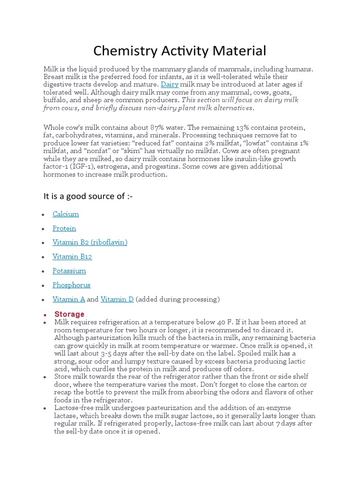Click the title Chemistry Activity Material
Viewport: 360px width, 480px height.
pyautogui.click(x=180, y=50)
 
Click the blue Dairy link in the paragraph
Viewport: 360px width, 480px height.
pyautogui.click(x=170, y=84)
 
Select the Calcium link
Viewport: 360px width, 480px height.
pyautogui.click(x=66, y=214)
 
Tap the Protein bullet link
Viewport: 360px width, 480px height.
pyautogui.click(x=64, y=228)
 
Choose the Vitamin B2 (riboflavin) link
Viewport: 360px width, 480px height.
pyautogui.click(x=90, y=242)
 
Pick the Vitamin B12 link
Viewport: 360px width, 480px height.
pyautogui.click(x=72, y=256)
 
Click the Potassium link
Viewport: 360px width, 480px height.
pyautogui.click(x=69, y=270)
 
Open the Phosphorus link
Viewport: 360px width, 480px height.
pyautogui.click(x=71, y=285)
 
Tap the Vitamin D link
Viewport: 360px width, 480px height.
pyautogui.click(x=117, y=299)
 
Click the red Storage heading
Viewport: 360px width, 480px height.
pyautogui.click(x=69, y=314)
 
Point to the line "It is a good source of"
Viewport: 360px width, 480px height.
pyautogui.click(x=88, y=196)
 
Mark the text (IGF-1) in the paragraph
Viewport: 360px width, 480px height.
pyautogui.click(x=82, y=166)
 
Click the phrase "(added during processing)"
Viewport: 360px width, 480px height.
pyautogui.click(x=178, y=299)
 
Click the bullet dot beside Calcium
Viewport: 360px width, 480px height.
pyautogui.click(x=43, y=214)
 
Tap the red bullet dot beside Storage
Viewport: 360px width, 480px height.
pyautogui.click(x=45, y=315)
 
